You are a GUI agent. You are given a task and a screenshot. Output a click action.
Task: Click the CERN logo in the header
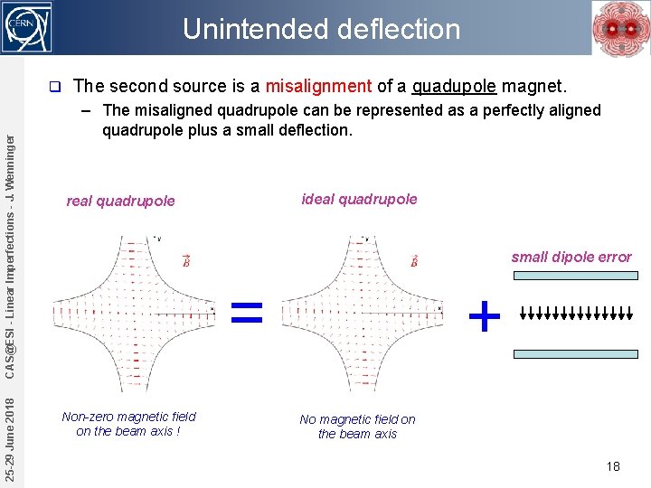click(x=27, y=27)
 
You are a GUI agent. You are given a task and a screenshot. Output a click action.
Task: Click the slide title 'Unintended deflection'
click(x=321, y=29)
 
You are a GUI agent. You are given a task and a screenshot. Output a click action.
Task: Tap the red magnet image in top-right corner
click(x=619, y=28)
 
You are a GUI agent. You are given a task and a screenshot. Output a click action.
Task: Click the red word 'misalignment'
click(x=318, y=87)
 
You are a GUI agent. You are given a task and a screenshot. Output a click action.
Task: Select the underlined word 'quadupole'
click(x=454, y=87)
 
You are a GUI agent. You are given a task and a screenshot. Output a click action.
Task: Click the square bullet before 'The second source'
click(x=55, y=88)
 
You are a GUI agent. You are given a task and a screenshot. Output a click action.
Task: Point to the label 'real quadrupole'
click(x=120, y=201)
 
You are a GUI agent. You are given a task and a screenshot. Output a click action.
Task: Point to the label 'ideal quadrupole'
click(x=359, y=199)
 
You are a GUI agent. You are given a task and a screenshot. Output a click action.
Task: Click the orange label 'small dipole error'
click(x=571, y=257)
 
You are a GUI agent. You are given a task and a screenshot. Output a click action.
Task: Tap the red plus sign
click(x=485, y=316)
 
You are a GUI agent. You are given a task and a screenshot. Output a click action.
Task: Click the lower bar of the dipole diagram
click(x=575, y=354)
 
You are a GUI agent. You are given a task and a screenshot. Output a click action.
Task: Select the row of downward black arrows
click(x=577, y=314)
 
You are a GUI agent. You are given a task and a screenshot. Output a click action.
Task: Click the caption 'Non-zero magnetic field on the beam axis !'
click(x=128, y=424)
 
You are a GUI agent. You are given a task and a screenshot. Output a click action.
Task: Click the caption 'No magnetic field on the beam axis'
click(x=358, y=427)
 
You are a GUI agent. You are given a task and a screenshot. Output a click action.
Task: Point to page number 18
click(x=613, y=466)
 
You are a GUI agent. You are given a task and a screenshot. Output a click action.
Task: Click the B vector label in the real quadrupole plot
click(x=185, y=261)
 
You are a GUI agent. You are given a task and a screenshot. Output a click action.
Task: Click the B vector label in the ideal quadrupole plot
click(x=413, y=261)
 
